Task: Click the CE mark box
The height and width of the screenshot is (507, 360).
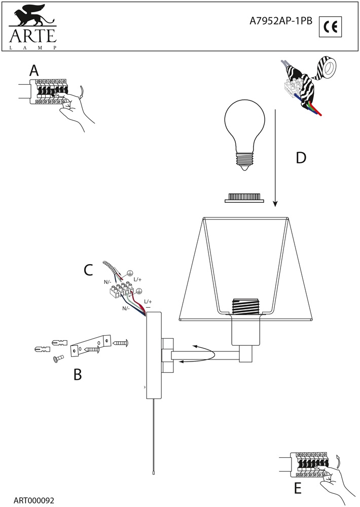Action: pos(331,26)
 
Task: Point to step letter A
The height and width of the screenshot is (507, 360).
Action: pos(34,70)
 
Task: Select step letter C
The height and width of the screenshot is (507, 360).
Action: pos(88,270)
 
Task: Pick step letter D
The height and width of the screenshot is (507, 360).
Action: pos(301,158)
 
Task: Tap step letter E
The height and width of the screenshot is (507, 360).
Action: pos(298,488)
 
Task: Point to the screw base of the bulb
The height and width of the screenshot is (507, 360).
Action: pos(245,162)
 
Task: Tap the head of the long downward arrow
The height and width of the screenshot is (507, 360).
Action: pos(275,204)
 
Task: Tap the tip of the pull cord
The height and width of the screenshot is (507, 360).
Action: pos(153,471)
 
